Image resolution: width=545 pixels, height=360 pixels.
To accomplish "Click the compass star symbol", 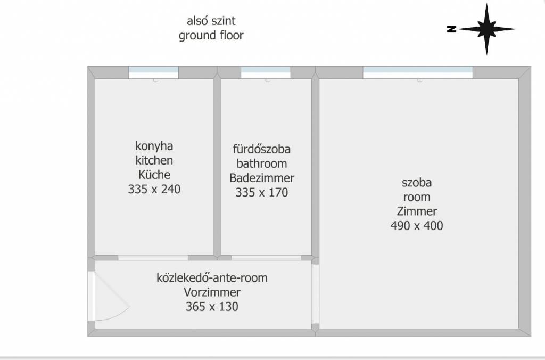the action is coord(486,29).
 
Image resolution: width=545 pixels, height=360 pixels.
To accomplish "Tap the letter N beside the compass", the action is coord(451,29).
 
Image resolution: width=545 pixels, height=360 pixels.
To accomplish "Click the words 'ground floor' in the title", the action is coord(211,36).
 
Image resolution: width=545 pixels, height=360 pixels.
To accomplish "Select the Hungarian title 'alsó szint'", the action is coord(211,21).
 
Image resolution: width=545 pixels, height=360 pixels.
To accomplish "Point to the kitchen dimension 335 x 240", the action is coord(154,189).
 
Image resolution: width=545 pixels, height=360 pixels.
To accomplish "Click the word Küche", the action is coord(154,175).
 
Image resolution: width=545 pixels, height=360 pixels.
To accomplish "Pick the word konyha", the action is coord(154,146).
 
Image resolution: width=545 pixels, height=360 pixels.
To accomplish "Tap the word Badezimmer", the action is coord(262,178).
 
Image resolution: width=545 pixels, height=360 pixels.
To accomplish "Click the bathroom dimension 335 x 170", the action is coord(262,192).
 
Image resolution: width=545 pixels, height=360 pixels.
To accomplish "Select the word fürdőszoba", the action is coord(262,149).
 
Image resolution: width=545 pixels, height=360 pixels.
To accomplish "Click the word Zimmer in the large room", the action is coord(417,211).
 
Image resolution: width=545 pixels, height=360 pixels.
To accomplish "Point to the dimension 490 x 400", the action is coord(417,226).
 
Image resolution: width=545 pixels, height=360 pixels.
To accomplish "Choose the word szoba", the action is coord(417,183).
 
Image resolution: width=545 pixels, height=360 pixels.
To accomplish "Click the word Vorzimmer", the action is coord(212,292).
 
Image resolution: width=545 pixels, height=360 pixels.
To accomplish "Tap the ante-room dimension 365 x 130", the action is coord(212,307).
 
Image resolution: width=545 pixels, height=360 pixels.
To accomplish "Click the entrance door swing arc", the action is coord(112,296).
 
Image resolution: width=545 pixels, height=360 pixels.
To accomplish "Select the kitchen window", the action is coord(153,72).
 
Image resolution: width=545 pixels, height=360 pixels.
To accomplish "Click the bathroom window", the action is coord(266,72).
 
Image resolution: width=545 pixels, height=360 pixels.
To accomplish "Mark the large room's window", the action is coord(418,72).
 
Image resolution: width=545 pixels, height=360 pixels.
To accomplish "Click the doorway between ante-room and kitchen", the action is coord(153,258).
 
